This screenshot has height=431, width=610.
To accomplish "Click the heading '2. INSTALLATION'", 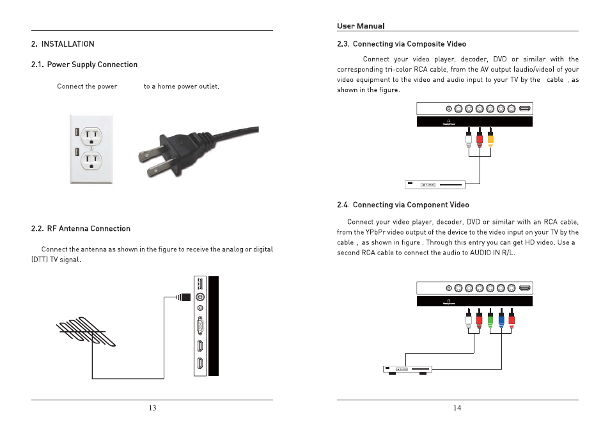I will (x=63, y=44).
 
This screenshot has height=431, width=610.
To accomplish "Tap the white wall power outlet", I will (x=91, y=149).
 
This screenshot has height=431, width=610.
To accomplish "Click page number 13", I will (x=152, y=409).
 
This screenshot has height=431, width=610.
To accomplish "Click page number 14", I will (x=457, y=409).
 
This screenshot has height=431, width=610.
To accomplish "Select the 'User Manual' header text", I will (x=361, y=26).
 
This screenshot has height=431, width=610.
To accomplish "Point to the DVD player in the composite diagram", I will (x=435, y=185).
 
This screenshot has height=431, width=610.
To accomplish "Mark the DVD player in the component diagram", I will (x=407, y=369).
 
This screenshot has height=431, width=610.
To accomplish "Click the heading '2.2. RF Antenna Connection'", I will (x=81, y=228).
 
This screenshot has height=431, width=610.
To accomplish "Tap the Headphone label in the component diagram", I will (x=450, y=303).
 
